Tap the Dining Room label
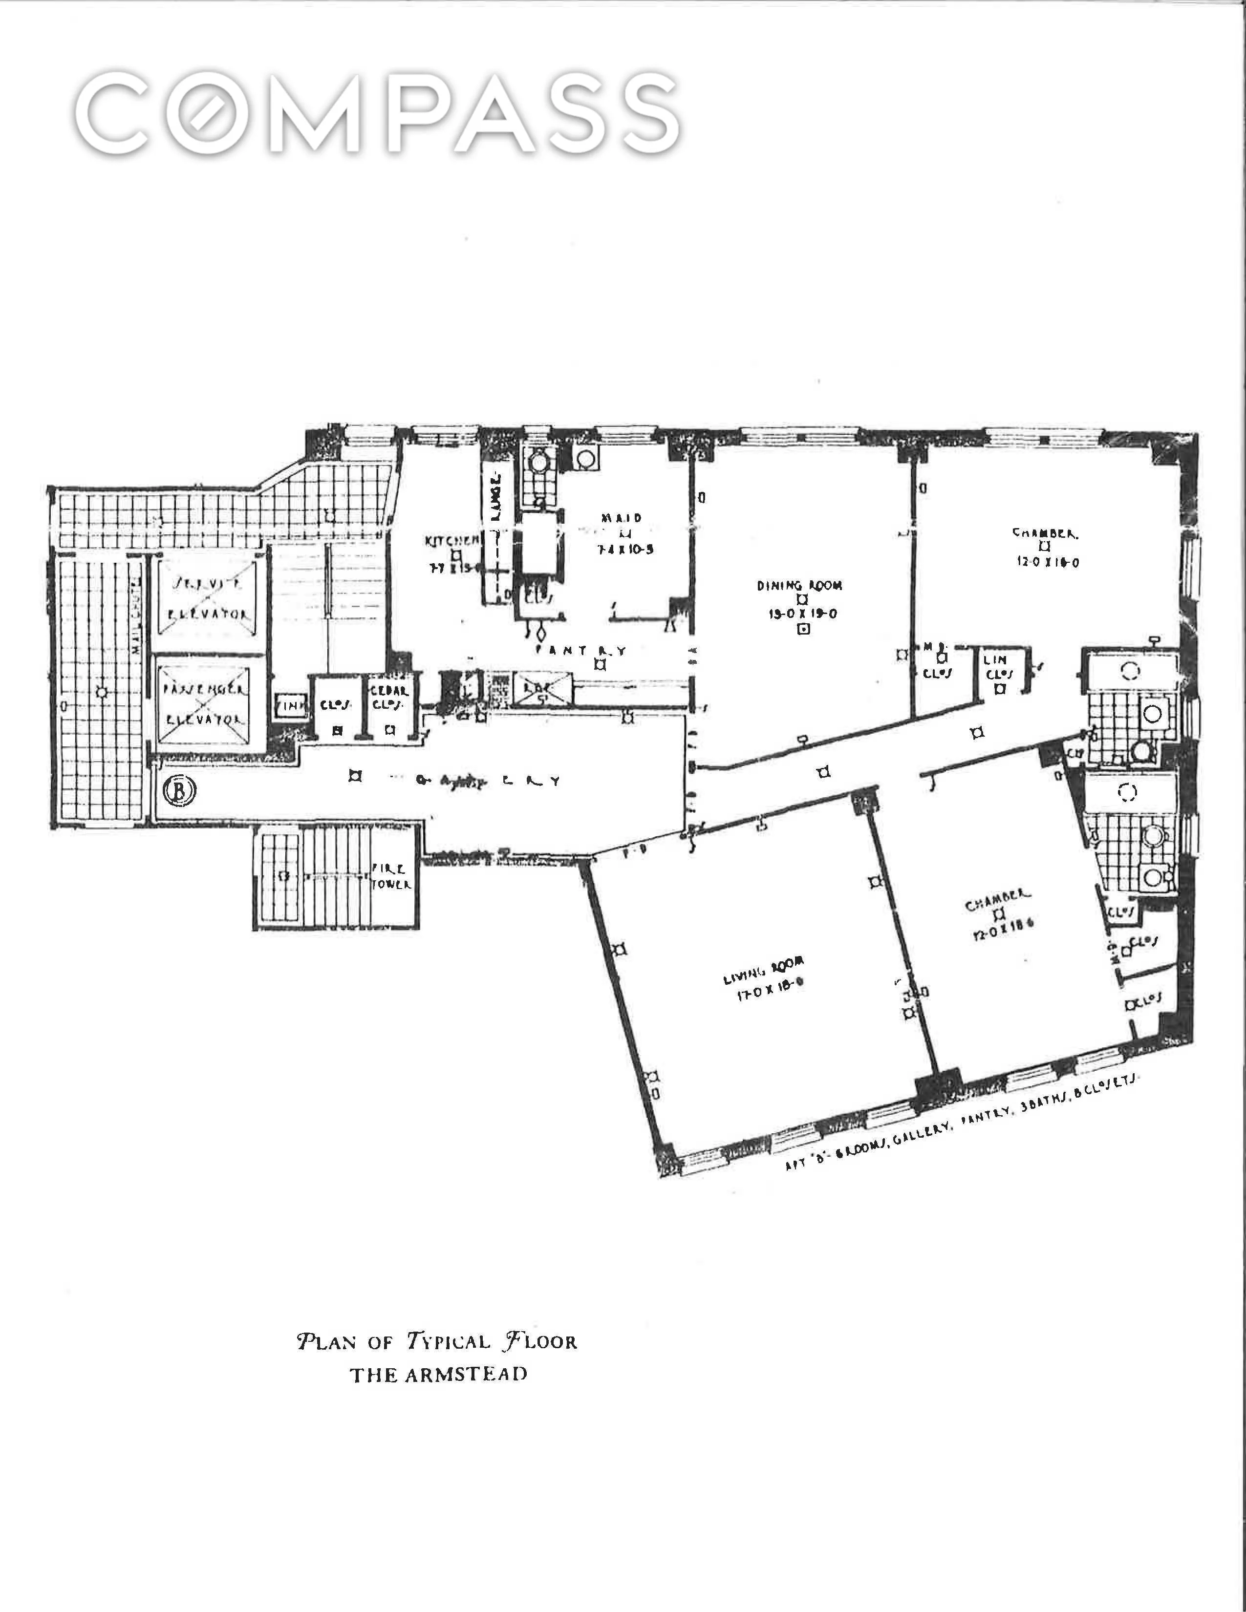click(x=799, y=585)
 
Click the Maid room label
click(x=622, y=518)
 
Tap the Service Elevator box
click(x=207, y=598)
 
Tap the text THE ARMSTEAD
click(x=438, y=1374)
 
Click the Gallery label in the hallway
click(x=487, y=781)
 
